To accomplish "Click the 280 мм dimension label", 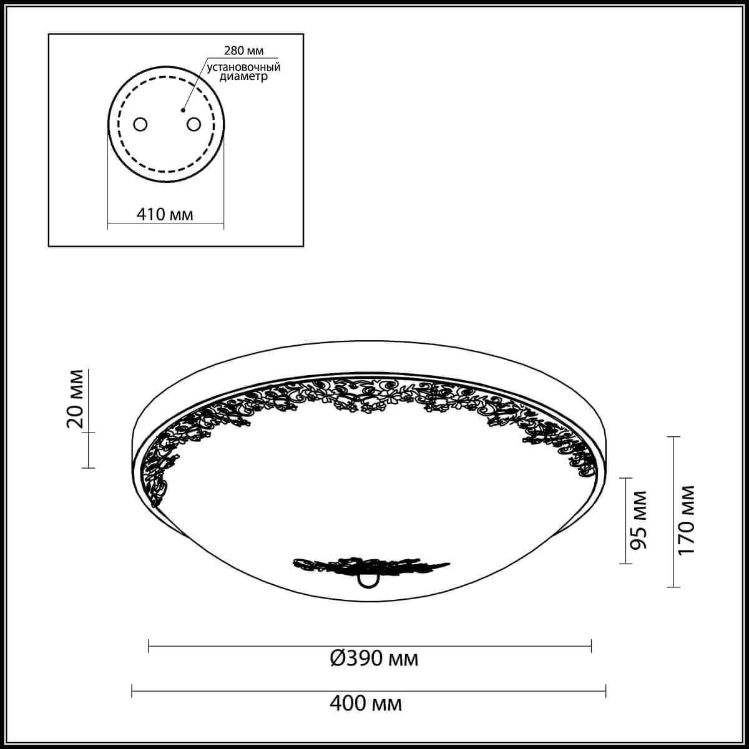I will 239,50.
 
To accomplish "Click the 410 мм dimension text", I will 165,215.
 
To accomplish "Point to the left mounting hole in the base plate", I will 140,124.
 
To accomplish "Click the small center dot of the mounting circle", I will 183,110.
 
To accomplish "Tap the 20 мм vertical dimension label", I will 75,400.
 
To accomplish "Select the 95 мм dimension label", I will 637,520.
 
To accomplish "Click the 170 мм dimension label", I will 687,520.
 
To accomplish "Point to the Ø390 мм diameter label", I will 373,657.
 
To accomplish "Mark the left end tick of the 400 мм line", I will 133,690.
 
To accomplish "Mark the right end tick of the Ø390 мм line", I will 591,645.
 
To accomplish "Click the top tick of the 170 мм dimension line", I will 673,437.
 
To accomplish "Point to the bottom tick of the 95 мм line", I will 625,564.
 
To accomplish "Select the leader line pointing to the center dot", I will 194,84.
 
